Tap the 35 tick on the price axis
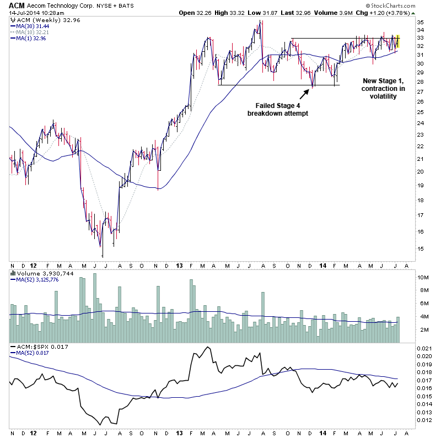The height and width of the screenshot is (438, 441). point(420,22)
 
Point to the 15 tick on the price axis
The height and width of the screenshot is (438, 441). point(420,248)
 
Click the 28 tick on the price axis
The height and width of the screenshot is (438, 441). point(420,82)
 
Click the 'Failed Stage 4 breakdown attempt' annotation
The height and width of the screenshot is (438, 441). point(281,109)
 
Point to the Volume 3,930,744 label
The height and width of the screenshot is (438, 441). point(39,273)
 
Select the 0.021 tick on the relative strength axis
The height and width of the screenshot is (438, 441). point(423,349)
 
